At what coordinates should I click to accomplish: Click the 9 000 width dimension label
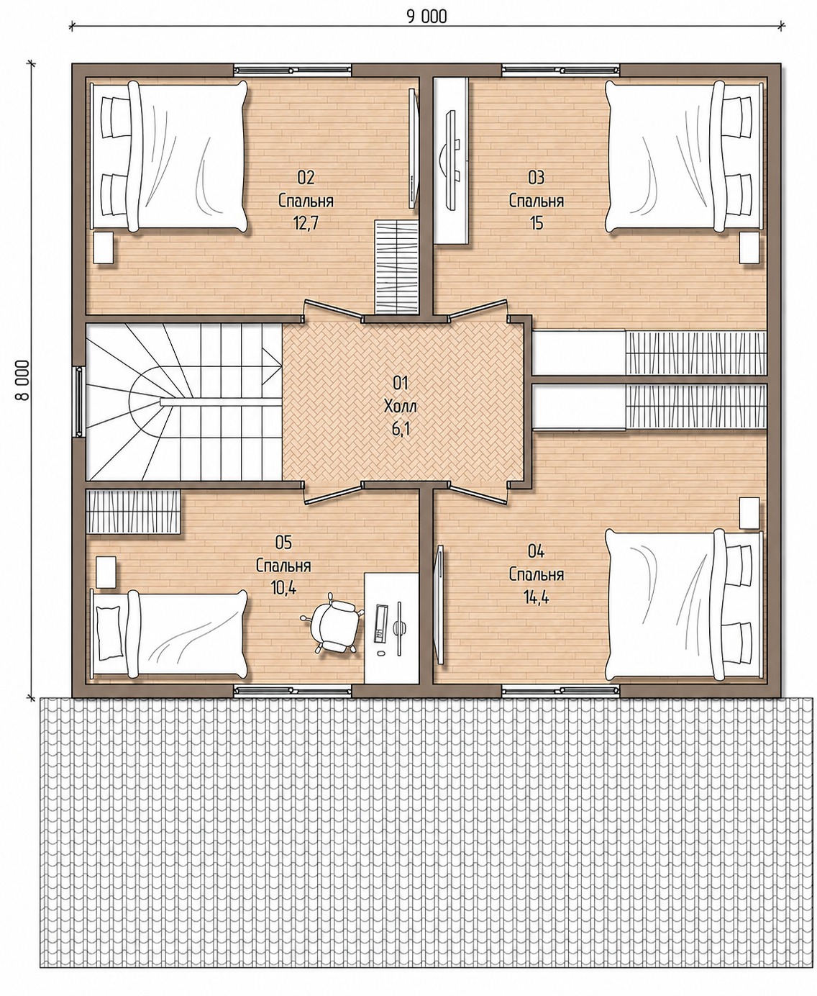click(426, 17)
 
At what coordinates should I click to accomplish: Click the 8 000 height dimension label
click(22, 381)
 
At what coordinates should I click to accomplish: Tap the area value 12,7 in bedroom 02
click(306, 223)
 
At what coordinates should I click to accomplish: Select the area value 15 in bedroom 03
click(537, 223)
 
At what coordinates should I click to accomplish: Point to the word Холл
click(401, 406)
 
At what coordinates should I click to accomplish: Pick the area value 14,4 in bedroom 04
click(537, 597)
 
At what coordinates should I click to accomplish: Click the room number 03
click(537, 178)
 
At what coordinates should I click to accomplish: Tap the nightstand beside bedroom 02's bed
click(104, 247)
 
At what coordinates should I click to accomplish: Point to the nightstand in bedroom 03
click(749, 247)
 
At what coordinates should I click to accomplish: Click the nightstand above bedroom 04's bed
click(749, 512)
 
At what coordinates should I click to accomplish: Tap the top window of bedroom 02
click(293, 70)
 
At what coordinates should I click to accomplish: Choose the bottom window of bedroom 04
click(560, 692)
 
